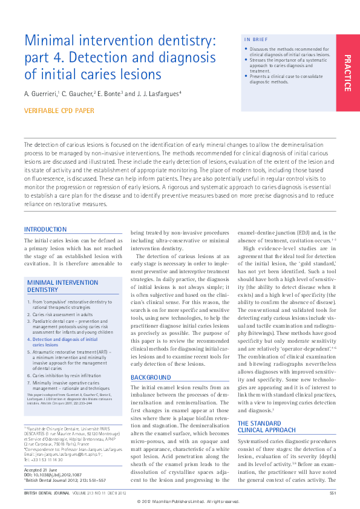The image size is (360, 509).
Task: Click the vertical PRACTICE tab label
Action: [x=347, y=73]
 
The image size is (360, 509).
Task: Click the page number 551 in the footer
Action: [x=332, y=494]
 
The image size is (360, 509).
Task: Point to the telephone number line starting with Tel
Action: [x=43, y=459]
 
